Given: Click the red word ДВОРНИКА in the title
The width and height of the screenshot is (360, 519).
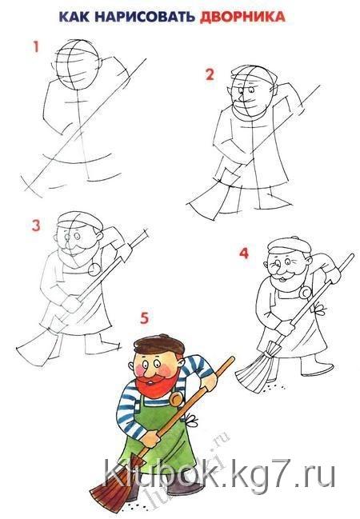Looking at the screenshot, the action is [242, 17].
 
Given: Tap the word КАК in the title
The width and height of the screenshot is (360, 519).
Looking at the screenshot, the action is [74, 17].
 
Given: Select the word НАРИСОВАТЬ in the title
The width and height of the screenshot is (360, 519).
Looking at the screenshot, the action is [145, 17].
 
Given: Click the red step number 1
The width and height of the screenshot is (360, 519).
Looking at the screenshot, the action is [36, 46].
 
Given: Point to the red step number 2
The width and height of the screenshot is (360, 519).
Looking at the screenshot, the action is [210, 74].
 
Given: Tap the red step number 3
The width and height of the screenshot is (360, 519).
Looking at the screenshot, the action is [36, 226].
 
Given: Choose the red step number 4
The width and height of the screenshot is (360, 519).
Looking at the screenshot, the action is [244, 254].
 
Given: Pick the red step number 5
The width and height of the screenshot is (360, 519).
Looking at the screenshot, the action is [144, 318].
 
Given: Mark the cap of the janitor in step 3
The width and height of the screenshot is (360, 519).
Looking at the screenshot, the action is [80, 219].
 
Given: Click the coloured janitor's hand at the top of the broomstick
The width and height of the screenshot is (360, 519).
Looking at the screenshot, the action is [210, 381].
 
